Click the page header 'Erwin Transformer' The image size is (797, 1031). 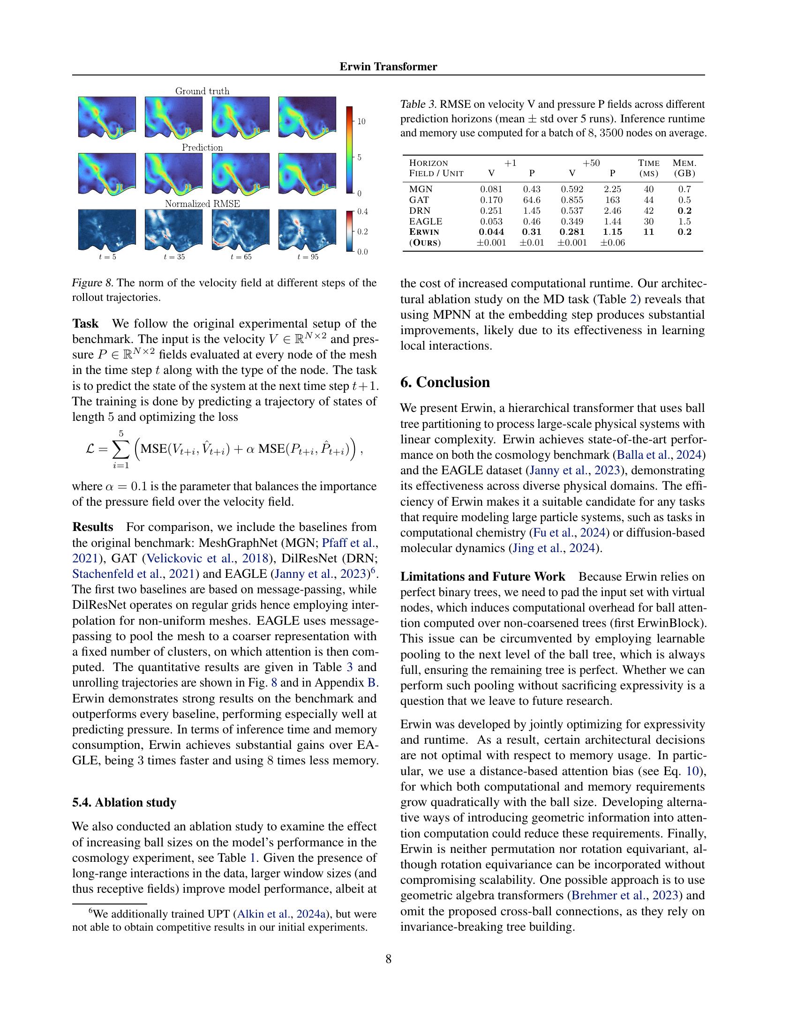(x=388, y=67)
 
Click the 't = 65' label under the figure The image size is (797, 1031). (x=241, y=257)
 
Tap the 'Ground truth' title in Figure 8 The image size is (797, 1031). (x=202, y=91)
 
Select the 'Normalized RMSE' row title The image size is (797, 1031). (x=202, y=204)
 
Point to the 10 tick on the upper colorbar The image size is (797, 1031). (x=361, y=121)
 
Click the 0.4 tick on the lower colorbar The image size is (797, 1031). (x=362, y=211)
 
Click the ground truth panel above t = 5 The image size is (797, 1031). (x=107, y=118)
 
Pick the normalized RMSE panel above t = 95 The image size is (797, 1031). (x=308, y=230)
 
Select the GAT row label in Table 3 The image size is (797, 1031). (x=417, y=200)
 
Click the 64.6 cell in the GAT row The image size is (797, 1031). (x=532, y=200)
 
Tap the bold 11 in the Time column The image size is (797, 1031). (x=649, y=232)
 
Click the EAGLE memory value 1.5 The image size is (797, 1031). (x=684, y=221)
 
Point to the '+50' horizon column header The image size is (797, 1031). (x=591, y=163)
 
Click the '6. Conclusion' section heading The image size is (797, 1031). (x=445, y=382)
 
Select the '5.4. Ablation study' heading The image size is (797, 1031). (x=124, y=802)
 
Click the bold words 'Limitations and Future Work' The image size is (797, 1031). (x=482, y=576)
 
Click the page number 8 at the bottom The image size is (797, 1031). (x=388, y=959)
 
